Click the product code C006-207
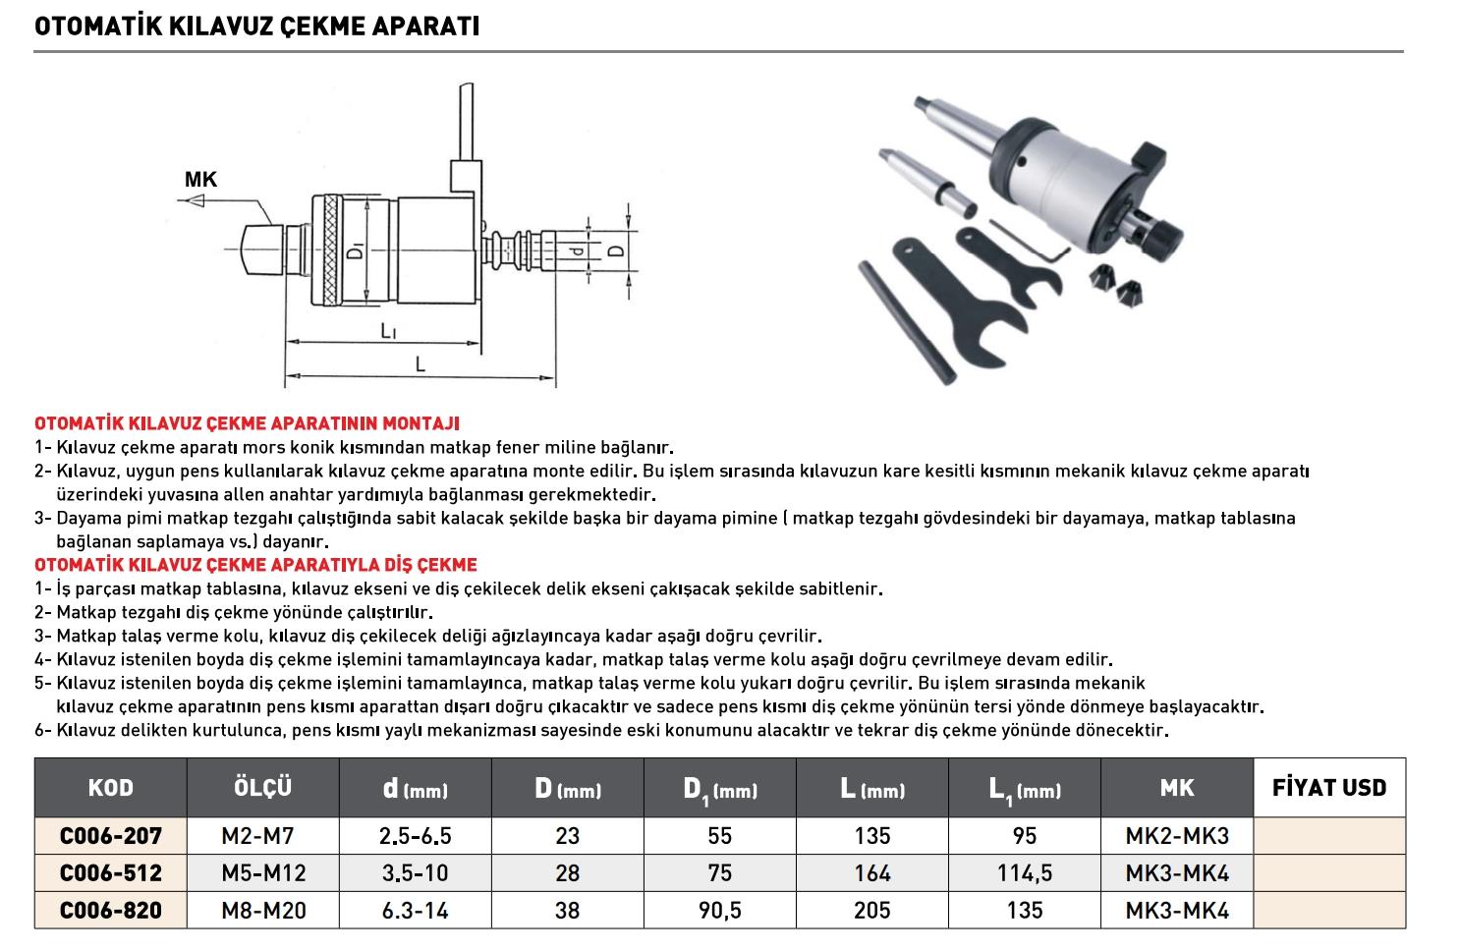pos(110,836)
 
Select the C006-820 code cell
pos(110,911)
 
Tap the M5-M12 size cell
pos(262,873)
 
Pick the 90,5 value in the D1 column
pos(719,911)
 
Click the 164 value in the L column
pos(871,873)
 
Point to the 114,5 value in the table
pos(1024,873)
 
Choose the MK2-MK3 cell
pos(1176,836)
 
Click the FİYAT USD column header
pos(1328,788)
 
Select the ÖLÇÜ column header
pos(262,788)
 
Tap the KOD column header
pos(110,788)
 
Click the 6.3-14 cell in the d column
pos(414,911)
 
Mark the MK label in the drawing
pos(200,180)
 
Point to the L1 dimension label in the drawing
pos(389,332)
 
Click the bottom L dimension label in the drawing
pos(420,363)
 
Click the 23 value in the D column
pos(567,836)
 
